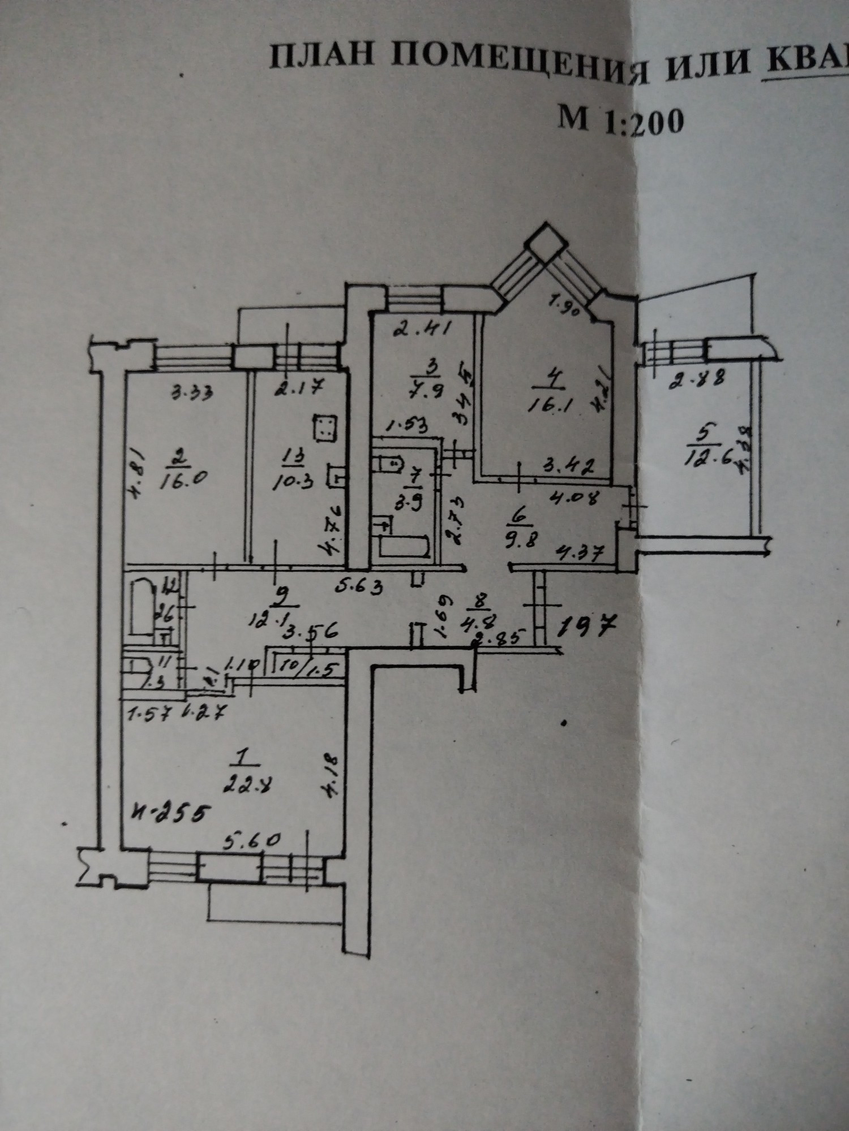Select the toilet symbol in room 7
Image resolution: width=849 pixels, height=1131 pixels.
tap(389, 464)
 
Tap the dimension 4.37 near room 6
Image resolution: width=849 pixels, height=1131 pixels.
tap(579, 550)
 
